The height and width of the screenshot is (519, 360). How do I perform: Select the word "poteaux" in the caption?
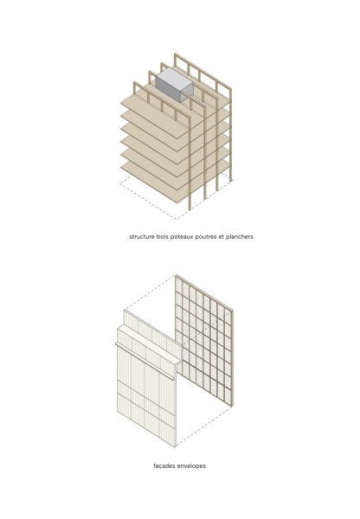click(x=184, y=236)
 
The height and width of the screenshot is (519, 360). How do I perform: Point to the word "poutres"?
click(x=209, y=236)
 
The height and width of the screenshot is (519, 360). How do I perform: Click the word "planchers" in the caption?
click(x=239, y=236)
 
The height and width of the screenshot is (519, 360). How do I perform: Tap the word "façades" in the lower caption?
click(x=165, y=465)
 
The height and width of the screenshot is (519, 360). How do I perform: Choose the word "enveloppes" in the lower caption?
click(x=192, y=465)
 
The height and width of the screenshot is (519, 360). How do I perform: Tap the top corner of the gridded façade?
click(x=177, y=277)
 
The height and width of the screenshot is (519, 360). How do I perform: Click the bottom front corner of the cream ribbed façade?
click(x=177, y=446)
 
